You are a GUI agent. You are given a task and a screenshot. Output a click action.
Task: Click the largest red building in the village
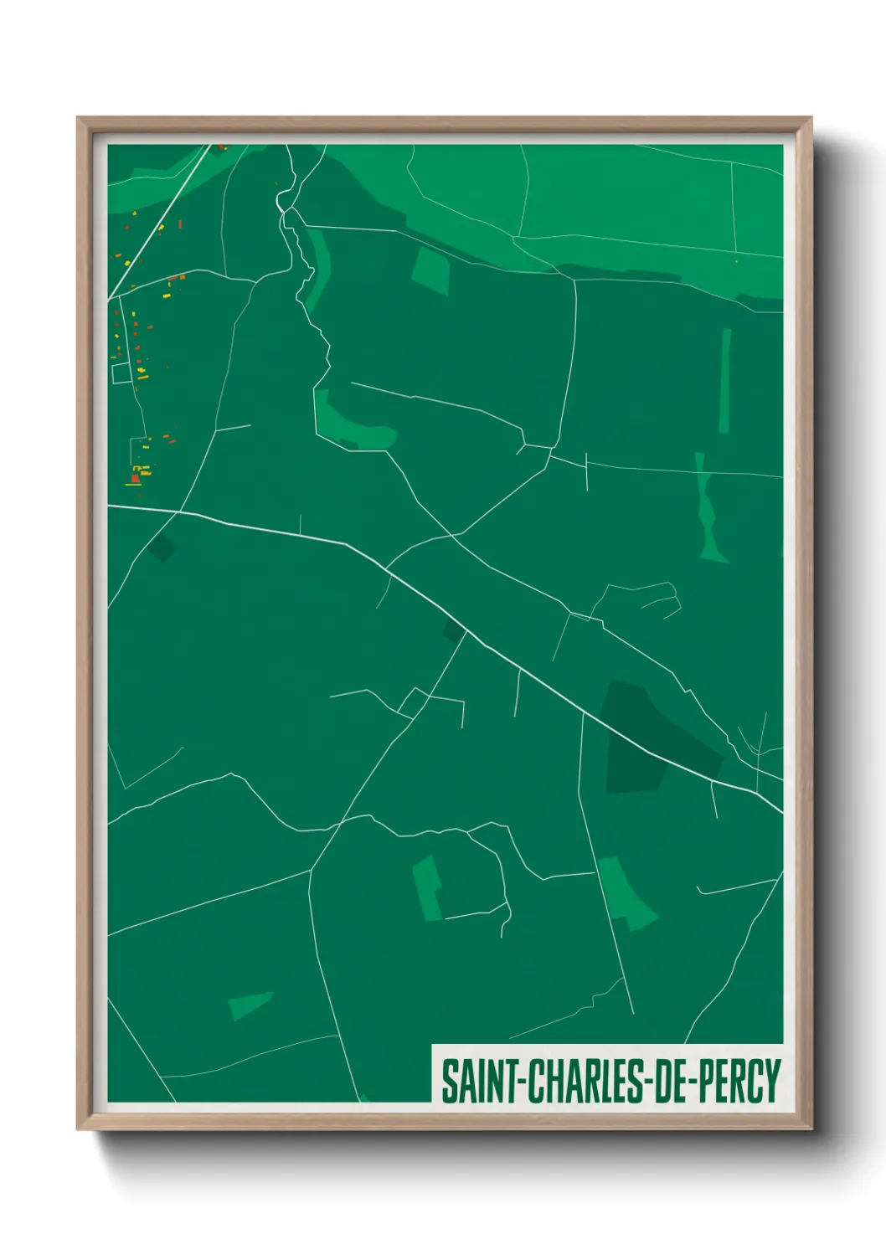132,478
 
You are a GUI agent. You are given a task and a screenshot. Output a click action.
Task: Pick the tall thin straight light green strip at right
725,381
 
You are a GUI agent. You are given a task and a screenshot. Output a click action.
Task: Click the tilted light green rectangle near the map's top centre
430,270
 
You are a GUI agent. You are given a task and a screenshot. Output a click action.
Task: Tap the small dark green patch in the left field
163,547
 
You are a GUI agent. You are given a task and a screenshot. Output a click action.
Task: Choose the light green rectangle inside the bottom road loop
428,888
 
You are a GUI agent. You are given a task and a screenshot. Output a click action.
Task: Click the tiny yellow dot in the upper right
736,262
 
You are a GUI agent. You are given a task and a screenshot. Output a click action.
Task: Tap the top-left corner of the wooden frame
81,121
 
